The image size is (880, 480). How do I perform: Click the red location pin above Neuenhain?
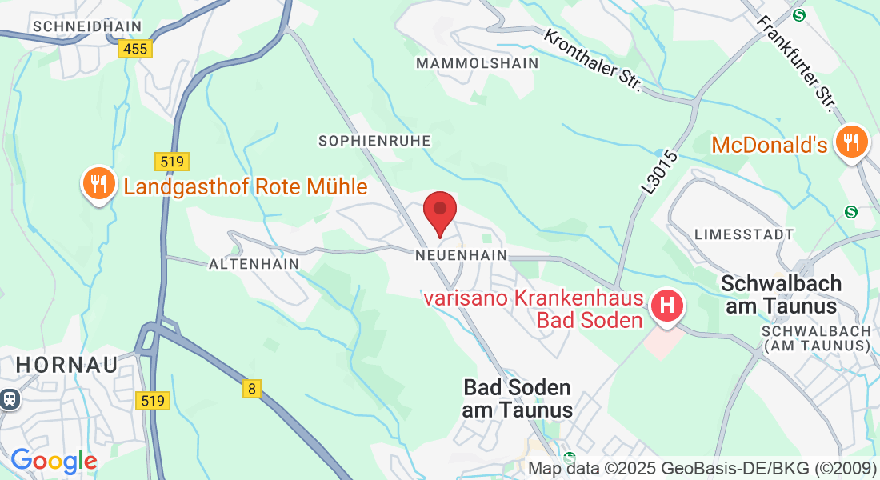click(439, 210)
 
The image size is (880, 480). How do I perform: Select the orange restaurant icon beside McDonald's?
click(852, 142)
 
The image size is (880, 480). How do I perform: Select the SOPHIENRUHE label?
click(374, 141)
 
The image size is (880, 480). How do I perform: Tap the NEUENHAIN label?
click(462, 255)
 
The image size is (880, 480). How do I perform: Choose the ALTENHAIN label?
click(254, 263)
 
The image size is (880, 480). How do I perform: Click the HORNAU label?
click(66, 365)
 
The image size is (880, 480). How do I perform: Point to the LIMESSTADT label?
click(744, 234)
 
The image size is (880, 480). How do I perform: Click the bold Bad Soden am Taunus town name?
click(518, 398)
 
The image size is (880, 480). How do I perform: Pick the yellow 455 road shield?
click(135, 50)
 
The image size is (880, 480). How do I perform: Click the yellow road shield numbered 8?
click(252, 389)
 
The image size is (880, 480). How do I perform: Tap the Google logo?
click(54, 461)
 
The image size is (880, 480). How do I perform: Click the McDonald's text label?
click(769, 145)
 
